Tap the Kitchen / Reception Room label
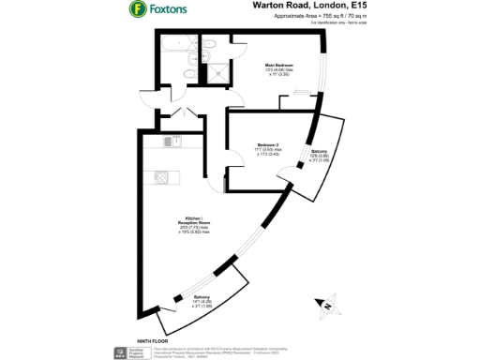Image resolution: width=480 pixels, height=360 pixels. pos(195,222)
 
